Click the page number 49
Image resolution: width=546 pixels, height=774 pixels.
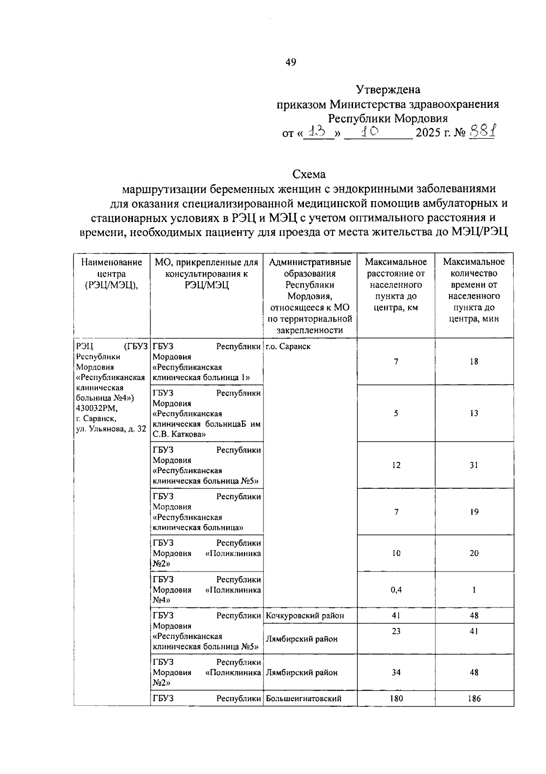[x=291, y=62]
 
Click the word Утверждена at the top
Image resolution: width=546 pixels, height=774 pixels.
[x=388, y=90]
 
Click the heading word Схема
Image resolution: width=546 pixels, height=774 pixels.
[x=309, y=174]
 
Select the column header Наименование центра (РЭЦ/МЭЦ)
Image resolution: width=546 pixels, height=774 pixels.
[x=111, y=273]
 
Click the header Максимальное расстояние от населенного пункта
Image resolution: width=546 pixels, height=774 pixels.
[x=396, y=284]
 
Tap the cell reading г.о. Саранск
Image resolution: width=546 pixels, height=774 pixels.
[x=288, y=346]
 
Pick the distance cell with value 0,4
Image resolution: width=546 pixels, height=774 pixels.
[x=396, y=590]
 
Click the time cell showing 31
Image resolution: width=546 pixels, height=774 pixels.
[x=474, y=465]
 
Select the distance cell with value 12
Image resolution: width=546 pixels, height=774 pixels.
[x=396, y=465]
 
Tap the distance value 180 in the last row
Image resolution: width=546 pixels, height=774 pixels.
[x=396, y=698]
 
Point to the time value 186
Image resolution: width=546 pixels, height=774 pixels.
[x=474, y=698]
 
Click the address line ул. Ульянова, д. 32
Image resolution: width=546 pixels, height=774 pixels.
[x=111, y=429]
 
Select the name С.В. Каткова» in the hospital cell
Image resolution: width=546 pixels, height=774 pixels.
[x=179, y=435]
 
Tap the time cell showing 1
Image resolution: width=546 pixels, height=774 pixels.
[x=474, y=590]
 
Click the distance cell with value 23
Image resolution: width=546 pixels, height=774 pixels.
[x=396, y=631]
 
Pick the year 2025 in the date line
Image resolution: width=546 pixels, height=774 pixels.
[x=428, y=133]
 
